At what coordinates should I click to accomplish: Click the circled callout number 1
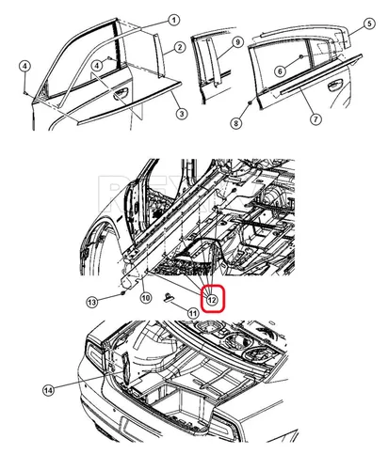click(173, 21)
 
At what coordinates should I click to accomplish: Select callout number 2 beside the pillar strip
click(179, 47)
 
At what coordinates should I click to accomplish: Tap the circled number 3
click(182, 114)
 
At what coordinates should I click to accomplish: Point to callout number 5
click(369, 23)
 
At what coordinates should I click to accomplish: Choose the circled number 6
click(281, 70)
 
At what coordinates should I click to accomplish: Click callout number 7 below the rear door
click(315, 119)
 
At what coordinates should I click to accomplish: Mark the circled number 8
click(236, 123)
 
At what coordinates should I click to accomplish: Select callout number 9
click(237, 42)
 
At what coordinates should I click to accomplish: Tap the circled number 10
click(145, 297)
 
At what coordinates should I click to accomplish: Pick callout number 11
click(193, 313)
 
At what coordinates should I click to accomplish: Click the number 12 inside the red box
click(212, 300)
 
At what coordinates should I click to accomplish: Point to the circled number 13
click(92, 303)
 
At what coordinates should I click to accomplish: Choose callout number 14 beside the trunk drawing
click(48, 390)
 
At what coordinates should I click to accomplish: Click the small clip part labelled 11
click(169, 297)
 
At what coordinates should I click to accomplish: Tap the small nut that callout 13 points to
click(122, 293)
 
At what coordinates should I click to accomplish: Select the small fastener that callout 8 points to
click(250, 102)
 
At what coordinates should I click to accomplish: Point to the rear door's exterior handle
click(334, 85)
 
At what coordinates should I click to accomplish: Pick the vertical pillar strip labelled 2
click(158, 56)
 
